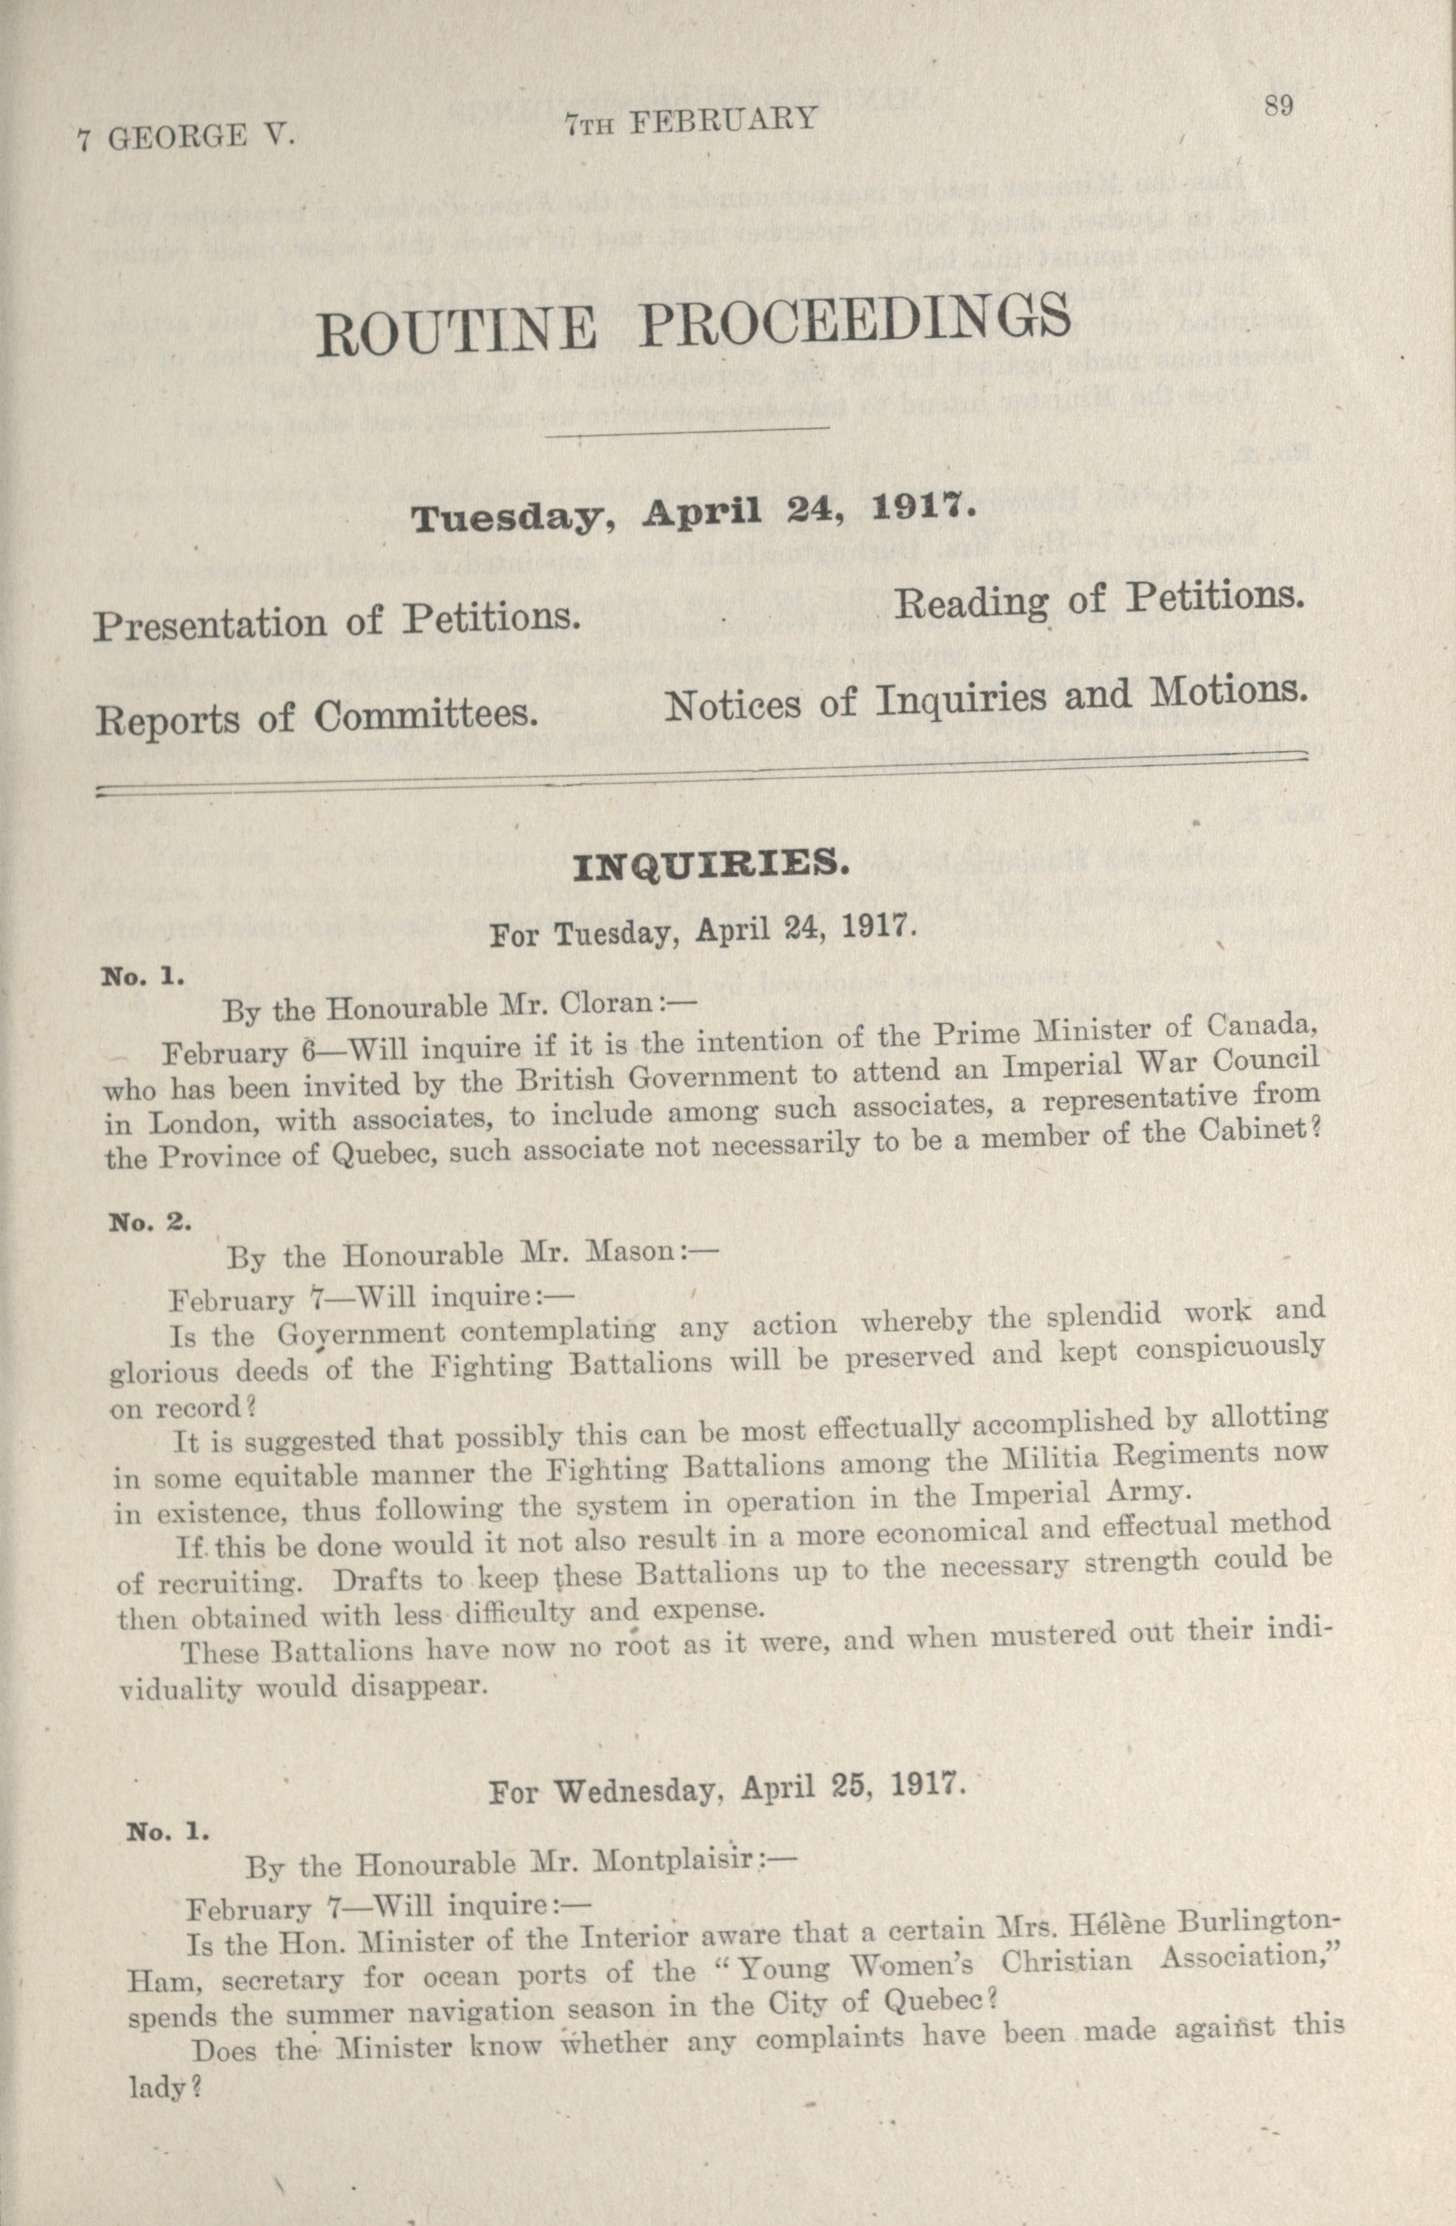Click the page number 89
point(1277,105)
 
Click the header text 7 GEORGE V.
point(187,138)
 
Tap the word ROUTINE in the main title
point(456,328)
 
